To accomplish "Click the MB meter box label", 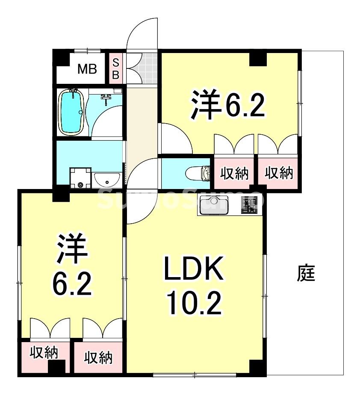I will coord(87,68).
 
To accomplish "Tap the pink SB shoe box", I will coord(115,68).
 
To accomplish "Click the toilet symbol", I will coord(199,174).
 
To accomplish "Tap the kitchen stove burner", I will coord(250,205).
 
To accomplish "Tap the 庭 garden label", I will coord(306,273).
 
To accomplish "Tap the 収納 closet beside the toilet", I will coord(234,173).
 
